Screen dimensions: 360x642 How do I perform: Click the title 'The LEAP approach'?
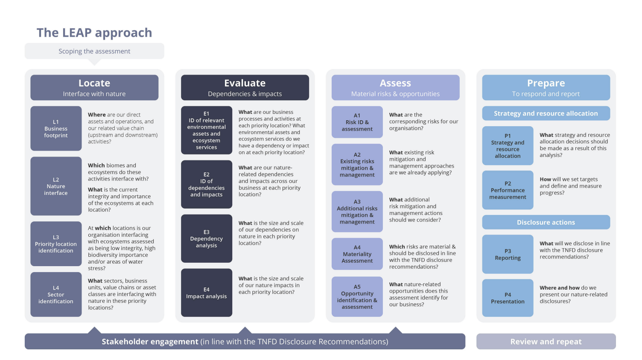click(x=94, y=33)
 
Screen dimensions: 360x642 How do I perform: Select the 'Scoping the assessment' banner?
click(x=94, y=51)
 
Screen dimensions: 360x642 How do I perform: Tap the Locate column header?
click(x=94, y=87)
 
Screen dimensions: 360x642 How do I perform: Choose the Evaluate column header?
click(x=245, y=87)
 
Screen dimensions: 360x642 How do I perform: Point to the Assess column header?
click(x=395, y=87)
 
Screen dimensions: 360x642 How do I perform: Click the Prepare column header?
click(x=546, y=87)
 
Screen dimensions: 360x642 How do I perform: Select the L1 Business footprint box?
click(x=56, y=128)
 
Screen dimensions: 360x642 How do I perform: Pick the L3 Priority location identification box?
click(x=56, y=244)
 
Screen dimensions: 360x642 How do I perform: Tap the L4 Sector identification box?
click(x=56, y=294)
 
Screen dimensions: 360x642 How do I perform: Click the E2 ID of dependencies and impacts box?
click(x=207, y=184)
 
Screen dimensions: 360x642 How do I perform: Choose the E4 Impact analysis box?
click(x=207, y=293)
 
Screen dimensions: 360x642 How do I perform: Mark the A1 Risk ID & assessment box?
click(x=357, y=122)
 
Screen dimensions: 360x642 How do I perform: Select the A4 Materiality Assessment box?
click(x=357, y=254)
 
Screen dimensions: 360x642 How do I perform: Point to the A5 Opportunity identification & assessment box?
click(x=357, y=296)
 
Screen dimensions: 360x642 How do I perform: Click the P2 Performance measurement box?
click(x=508, y=190)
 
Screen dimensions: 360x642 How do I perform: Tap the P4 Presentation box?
click(x=508, y=298)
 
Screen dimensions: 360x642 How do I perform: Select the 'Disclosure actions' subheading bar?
click(x=546, y=222)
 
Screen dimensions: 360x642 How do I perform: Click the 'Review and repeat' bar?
click(x=546, y=342)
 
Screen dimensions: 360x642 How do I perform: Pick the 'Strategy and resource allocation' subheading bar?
click(x=546, y=113)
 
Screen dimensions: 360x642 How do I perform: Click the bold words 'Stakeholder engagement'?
click(x=150, y=342)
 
